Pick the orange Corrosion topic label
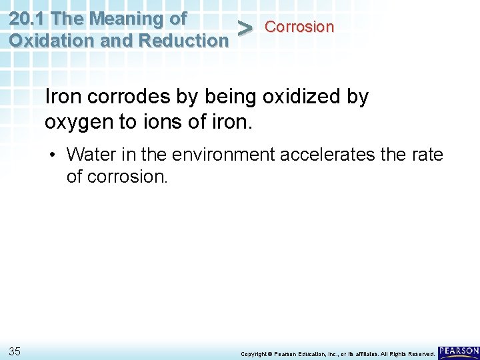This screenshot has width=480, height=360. (x=299, y=27)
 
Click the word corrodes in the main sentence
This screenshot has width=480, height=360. (x=127, y=97)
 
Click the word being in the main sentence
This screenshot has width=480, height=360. (x=227, y=97)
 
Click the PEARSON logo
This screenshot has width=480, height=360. (x=459, y=351)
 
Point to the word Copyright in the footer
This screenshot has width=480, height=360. (x=253, y=353)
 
